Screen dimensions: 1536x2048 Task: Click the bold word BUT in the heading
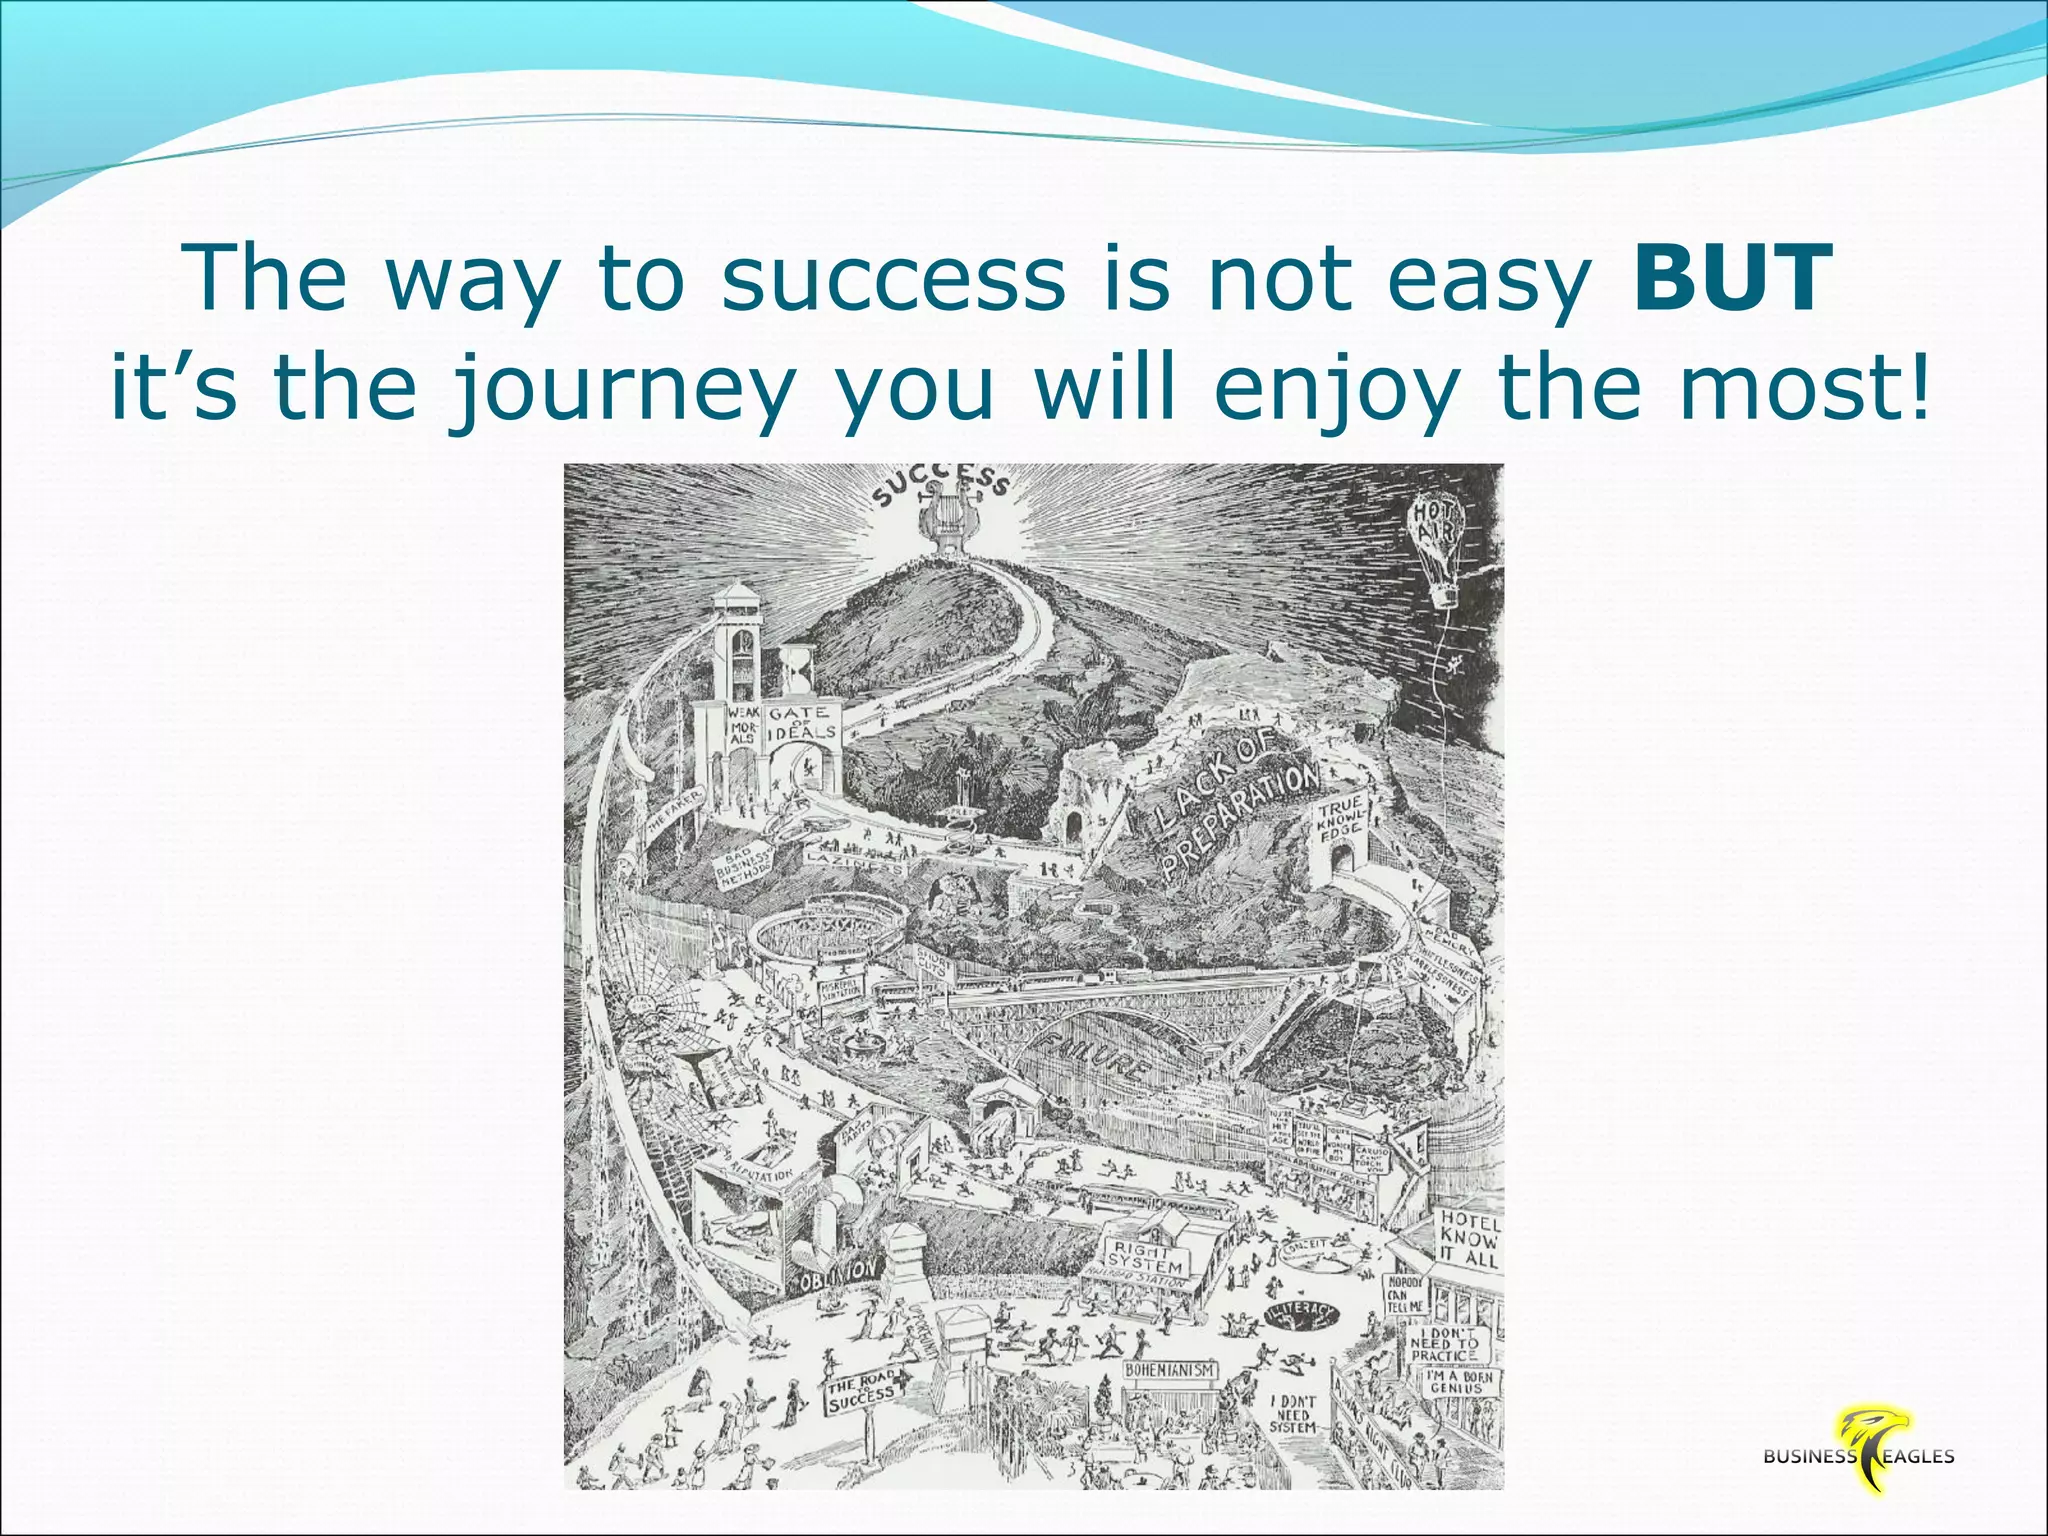click(x=1732, y=279)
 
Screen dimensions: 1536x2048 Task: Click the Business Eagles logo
click(x=1858, y=1456)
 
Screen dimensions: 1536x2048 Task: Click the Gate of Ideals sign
click(x=800, y=723)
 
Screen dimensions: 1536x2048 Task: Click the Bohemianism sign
click(x=1170, y=1370)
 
